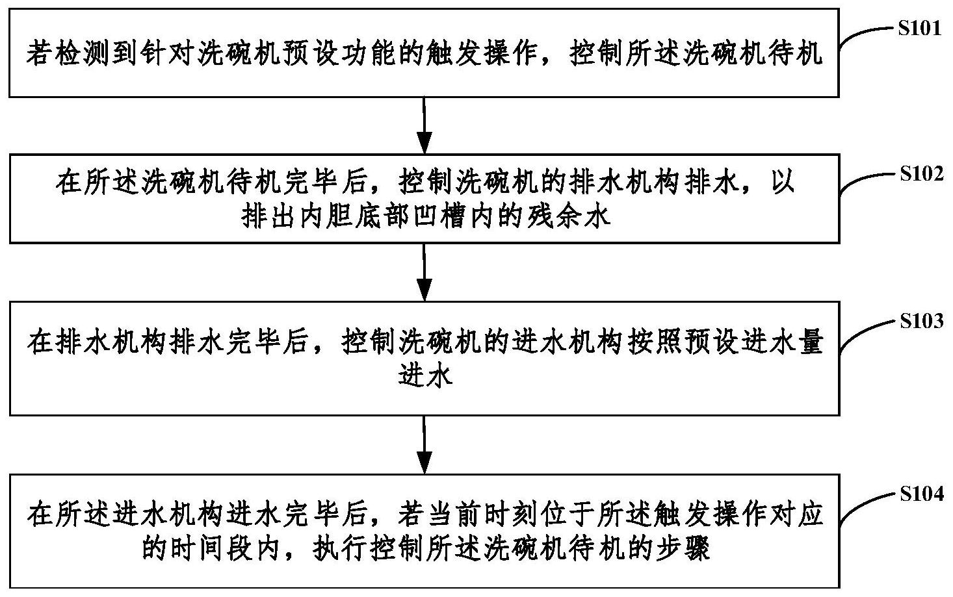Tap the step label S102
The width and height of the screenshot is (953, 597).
click(x=921, y=174)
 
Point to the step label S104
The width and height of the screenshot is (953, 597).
click(x=921, y=494)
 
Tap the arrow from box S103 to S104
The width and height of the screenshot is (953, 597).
click(x=424, y=444)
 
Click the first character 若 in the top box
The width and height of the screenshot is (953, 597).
click(x=38, y=54)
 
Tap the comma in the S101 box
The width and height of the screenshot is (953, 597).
click(x=550, y=58)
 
